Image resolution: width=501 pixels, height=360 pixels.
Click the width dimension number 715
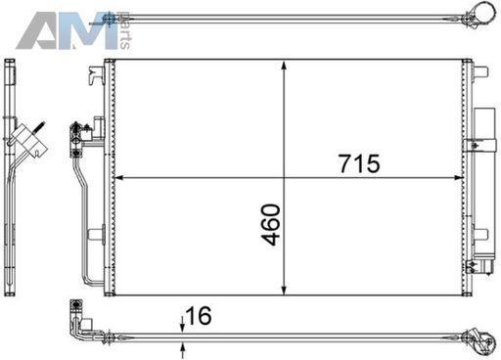tap(359, 163)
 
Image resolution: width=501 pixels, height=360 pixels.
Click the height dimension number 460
tap(271, 224)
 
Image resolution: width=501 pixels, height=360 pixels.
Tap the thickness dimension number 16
tap(199, 315)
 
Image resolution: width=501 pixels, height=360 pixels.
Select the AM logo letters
tap(67, 30)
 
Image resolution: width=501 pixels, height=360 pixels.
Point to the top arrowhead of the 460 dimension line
tap(284, 65)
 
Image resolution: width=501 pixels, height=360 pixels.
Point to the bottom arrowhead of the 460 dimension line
tap(284, 290)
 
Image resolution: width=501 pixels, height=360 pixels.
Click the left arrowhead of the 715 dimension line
tap(119, 178)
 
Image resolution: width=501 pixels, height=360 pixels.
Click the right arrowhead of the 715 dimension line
tap(458, 178)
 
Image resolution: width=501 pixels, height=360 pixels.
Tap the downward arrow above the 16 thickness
tap(183, 324)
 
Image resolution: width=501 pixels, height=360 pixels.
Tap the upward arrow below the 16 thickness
tap(183, 351)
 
